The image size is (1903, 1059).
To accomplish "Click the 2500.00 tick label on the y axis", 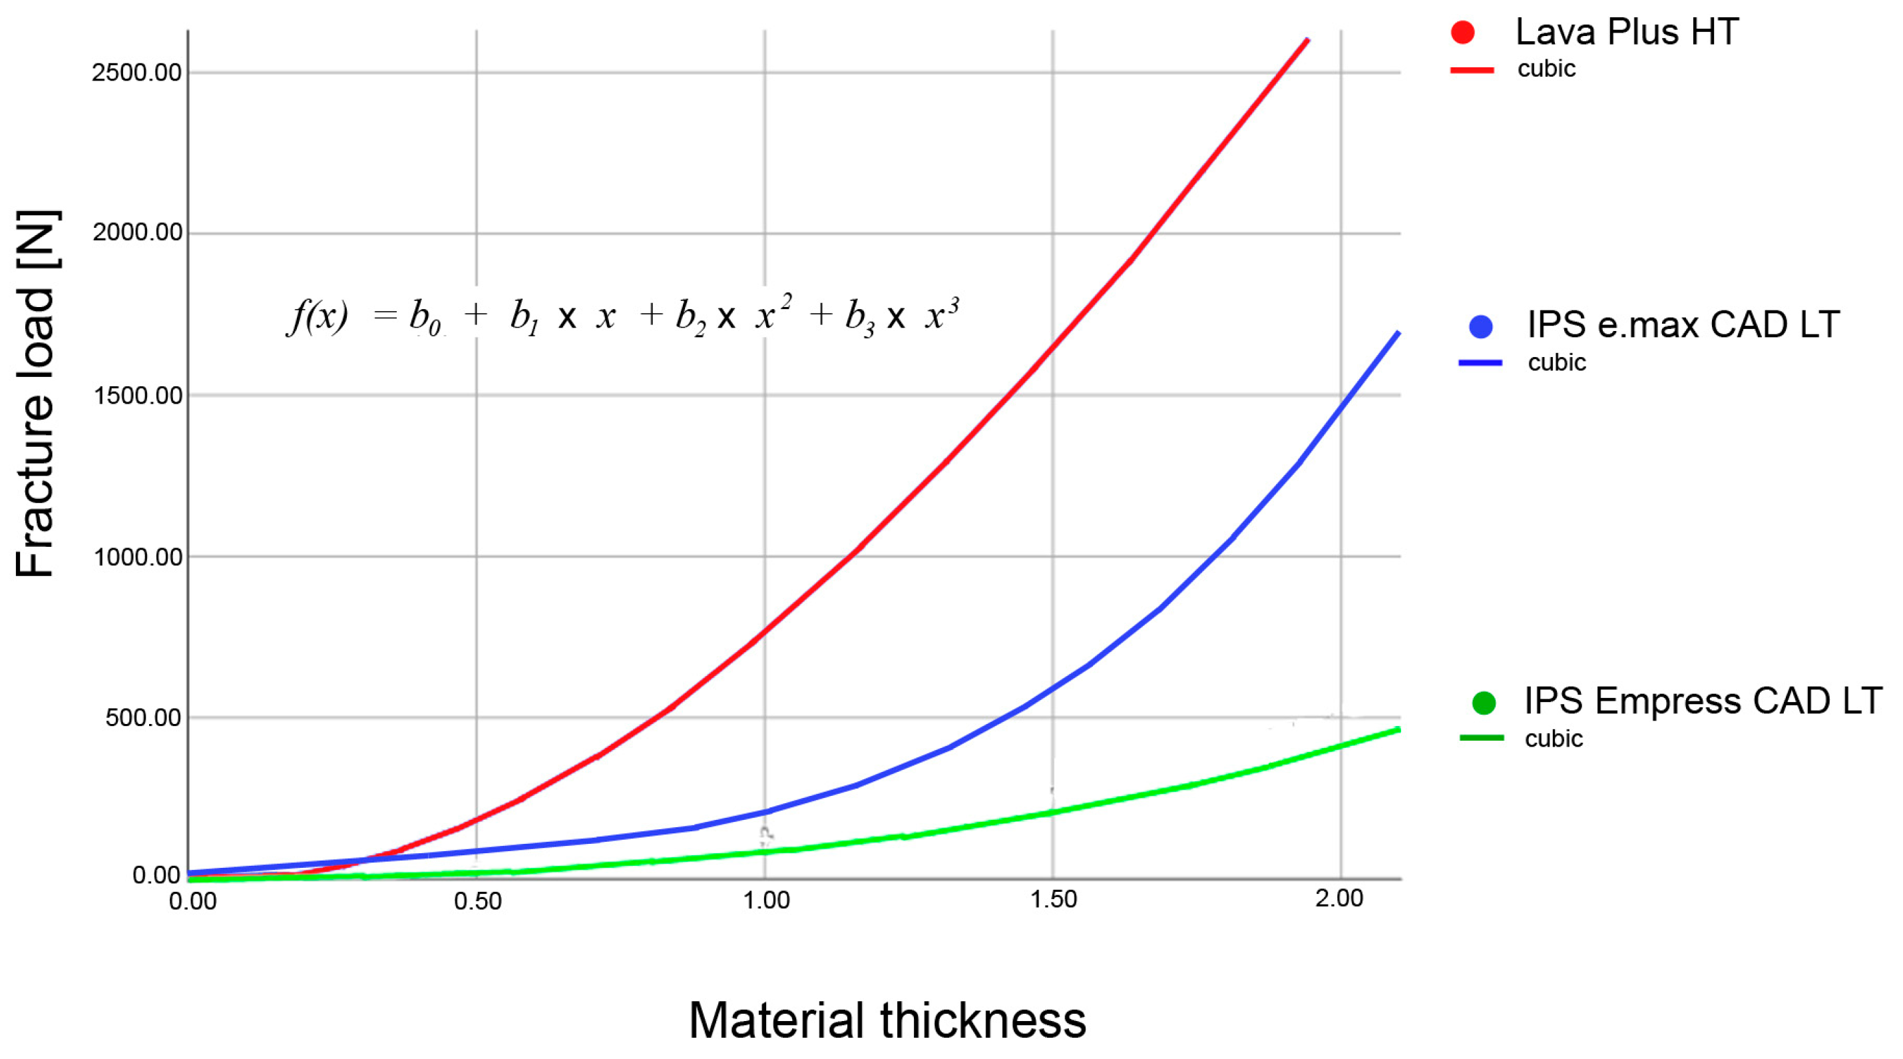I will point(136,73).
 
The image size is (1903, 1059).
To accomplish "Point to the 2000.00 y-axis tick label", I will point(136,233).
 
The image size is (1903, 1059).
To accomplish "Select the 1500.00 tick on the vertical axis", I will point(136,396).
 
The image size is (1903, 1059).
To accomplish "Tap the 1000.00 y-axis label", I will point(136,557).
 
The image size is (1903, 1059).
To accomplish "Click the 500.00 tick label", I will point(143,717).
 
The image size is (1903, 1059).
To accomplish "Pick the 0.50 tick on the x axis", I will point(478,901).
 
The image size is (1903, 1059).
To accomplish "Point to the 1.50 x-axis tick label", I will point(1054,899).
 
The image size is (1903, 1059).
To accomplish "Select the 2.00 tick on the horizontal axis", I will point(1339,898).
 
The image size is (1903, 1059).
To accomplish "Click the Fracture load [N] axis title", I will point(35,394).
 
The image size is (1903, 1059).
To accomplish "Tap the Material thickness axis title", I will point(887,1020).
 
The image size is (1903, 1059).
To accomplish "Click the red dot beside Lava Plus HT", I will point(1463,33).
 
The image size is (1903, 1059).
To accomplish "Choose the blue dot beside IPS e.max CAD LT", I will point(1480,326).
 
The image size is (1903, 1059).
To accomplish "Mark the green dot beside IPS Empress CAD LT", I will point(1484,703).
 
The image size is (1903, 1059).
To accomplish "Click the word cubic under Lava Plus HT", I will point(1546,69).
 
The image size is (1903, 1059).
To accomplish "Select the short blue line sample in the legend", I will point(1480,363).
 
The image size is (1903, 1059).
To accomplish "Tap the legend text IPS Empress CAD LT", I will point(1702,701).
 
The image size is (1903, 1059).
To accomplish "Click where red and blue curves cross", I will point(365,859).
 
